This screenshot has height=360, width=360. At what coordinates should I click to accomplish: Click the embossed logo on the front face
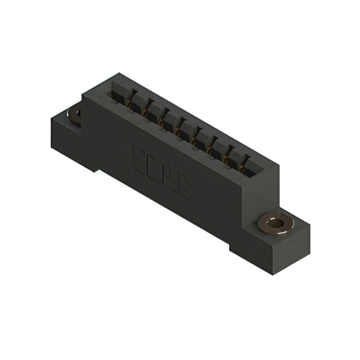coord(162,171)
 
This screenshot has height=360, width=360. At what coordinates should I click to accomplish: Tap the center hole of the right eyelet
coord(274,223)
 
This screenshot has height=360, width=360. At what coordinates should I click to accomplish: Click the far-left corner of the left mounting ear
coord(51,117)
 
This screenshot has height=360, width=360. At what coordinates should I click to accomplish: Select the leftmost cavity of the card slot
coord(119,92)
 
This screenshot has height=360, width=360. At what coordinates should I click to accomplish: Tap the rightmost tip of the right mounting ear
coord(310,227)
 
